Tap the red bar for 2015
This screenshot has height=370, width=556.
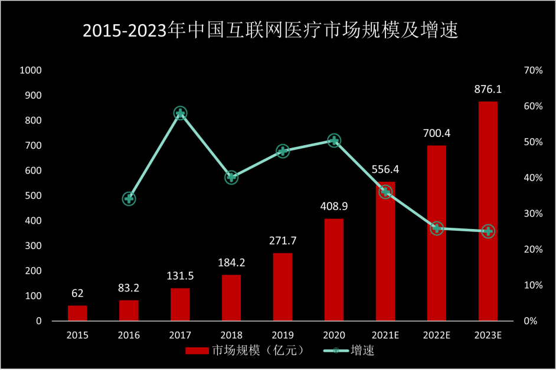click(77, 313)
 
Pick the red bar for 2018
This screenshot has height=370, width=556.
click(231, 298)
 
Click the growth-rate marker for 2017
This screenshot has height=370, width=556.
click(180, 113)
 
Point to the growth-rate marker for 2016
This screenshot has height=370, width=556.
click(129, 199)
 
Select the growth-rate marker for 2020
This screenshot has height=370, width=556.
click(334, 140)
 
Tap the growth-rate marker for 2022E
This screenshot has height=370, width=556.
click(437, 228)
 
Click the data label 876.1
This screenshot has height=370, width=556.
click(488, 90)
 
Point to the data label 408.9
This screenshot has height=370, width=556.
click(334, 207)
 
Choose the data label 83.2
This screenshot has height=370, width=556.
click(129, 289)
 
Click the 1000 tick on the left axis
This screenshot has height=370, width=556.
click(31, 71)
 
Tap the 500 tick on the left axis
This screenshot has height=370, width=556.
click(34, 196)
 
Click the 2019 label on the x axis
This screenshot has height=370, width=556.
click(283, 336)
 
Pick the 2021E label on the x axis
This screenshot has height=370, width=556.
click(385, 336)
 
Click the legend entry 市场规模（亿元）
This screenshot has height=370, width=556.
click(245, 351)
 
